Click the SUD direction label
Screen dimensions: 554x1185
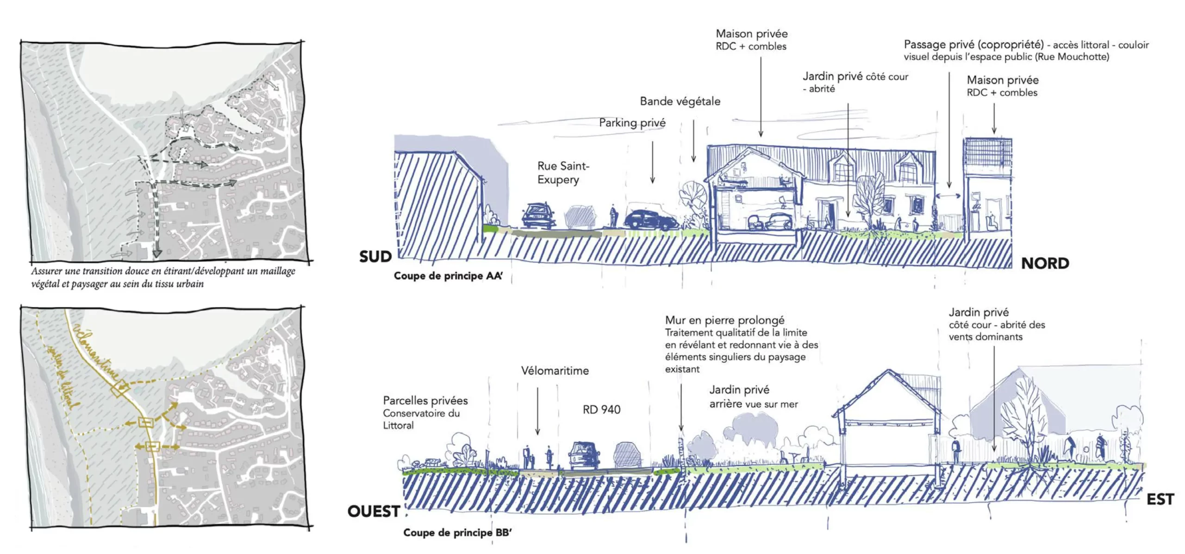coord(375,257)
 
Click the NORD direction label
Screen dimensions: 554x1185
coord(1045,264)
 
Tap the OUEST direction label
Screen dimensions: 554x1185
coord(374,511)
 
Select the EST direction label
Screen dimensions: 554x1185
coord(1160,499)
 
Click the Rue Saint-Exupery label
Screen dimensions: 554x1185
coord(563,173)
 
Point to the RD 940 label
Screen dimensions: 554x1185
coord(601,409)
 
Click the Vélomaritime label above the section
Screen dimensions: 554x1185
coord(555,371)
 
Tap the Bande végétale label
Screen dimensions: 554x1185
coord(680,101)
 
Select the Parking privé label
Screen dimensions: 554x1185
coord(632,123)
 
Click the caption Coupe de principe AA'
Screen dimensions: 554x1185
coord(448,276)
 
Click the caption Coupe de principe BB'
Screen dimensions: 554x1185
coord(457,533)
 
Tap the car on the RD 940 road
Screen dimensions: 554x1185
coord(584,455)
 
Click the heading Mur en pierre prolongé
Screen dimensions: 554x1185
coord(724,320)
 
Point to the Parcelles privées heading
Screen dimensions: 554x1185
coord(425,401)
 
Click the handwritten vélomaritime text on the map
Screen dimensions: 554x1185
coord(96,352)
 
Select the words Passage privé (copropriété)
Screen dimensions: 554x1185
coord(973,44)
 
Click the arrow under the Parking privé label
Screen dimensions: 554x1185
coord(652,162)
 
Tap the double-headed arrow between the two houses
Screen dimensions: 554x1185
coord(948,196)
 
